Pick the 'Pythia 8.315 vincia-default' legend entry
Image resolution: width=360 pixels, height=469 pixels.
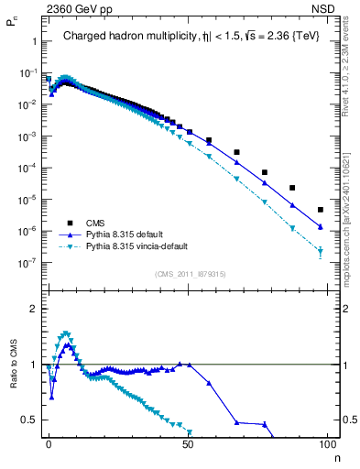(146, 246)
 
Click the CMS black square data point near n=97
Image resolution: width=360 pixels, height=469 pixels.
(320, 210)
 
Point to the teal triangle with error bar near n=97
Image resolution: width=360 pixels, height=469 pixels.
(320, 252)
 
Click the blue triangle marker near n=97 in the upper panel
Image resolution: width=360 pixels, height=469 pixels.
(320, 226)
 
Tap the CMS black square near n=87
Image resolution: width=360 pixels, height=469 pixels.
(292, 188)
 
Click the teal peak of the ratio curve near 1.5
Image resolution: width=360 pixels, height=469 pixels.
(65, 333)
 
